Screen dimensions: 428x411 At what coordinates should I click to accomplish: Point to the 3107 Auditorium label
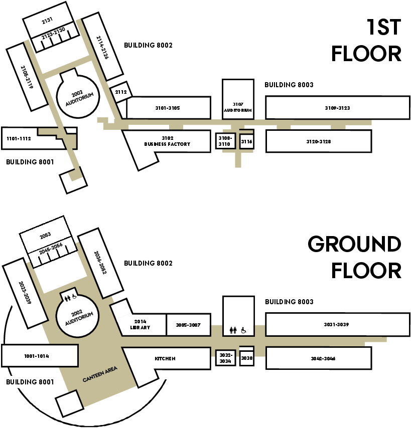[x=237, y=107]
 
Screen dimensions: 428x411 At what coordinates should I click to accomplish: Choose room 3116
[x=246, y=142]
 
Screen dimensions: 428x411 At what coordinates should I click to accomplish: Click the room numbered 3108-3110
[x=224, y=141]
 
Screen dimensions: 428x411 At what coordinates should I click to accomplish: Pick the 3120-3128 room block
[x=318, y=142]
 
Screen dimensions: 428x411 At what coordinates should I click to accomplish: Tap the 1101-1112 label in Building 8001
[x=19, y=138]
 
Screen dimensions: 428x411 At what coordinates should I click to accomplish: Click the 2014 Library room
[x=141, y=325]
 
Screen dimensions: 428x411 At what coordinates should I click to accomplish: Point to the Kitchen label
[x=165, y=359]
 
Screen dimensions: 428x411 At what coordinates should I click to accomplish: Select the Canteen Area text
[x=100, y=374]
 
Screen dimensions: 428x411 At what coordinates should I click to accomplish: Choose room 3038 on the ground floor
[x=246, y=359]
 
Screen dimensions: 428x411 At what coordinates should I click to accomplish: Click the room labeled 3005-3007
[x=188, y=325]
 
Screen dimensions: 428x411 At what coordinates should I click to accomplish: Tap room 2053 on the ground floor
[x=46, y=234]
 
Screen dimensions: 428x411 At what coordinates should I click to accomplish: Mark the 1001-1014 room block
[x=37, y=356]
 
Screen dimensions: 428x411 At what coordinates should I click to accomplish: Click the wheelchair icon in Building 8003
[x=243, y=330]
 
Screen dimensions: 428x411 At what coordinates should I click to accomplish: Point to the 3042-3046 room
[x=318, y=359]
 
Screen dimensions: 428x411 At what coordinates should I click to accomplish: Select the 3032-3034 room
[x=224, y=358]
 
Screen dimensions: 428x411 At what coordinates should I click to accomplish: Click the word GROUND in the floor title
[x=354, y=245]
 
